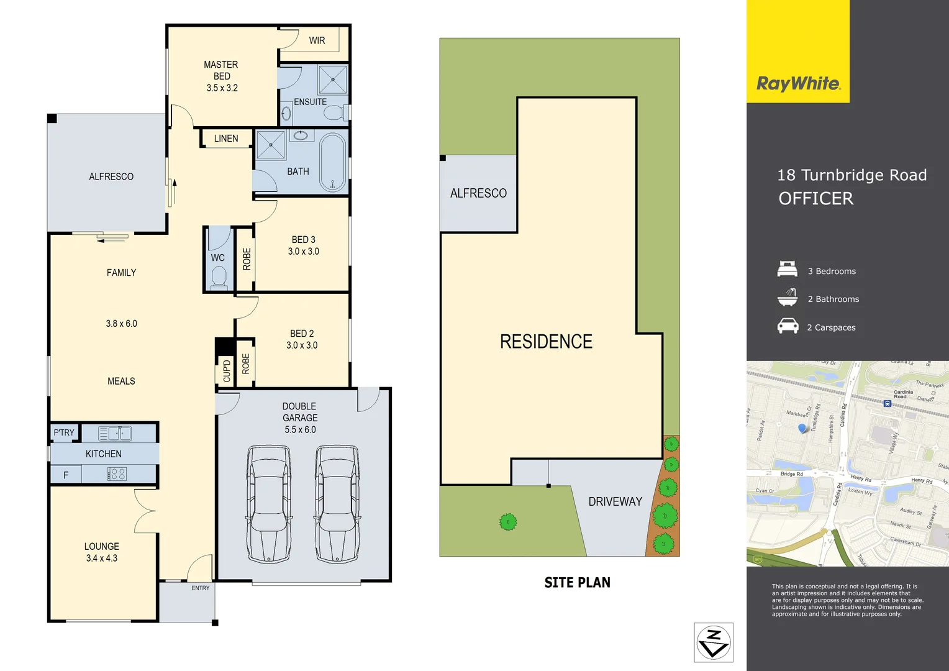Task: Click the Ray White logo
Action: [x=798, y=83]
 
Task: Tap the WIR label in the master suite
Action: [x=317, y=40]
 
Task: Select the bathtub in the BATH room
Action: [x=332, y=162]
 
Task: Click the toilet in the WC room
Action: [x=219, y=276]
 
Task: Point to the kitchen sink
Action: [x=115, y=433]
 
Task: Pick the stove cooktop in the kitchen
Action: [x=117, y=474]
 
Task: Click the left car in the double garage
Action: [x=269, y=504]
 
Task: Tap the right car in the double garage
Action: [x=337, y=504]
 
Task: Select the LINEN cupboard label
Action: [x=226, y=139]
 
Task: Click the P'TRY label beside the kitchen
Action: [x=63, y=432]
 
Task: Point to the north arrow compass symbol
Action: [x=713, y=642]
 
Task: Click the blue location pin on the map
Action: [x=802, y=428]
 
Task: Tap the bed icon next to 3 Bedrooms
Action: [x=788, y=270]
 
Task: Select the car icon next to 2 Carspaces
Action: [x=788, y=326]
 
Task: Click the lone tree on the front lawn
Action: [x=508, y=522]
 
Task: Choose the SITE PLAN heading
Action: [x=577, y=582]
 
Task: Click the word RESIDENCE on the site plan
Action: [x=546, y=342]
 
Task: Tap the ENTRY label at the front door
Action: [x=200, y=588]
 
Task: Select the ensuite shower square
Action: [x=332, y=80]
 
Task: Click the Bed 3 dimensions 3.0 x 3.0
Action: [x=303, y=252]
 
